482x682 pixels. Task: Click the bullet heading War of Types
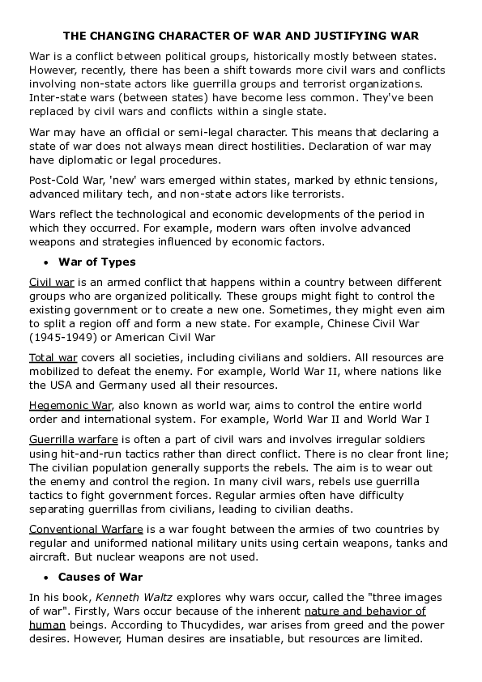point(96,262)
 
